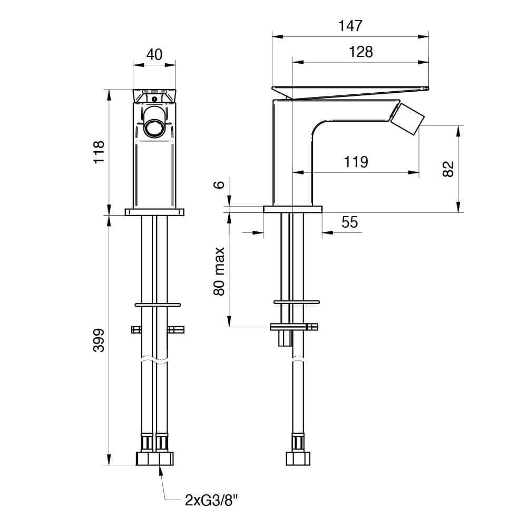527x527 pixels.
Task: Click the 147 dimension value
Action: (x=350, y=26)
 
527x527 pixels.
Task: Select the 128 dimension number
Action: (x=360, y=52)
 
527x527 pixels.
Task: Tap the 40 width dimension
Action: (x=154, y=54)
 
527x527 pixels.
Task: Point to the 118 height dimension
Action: (x=99, y=152)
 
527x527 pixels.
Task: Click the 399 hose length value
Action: (x=99, y=340)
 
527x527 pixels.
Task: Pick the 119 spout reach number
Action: (x=356, y=162)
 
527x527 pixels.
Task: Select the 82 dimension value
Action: (x=448, y=169)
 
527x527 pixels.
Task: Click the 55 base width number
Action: (x=349, y=222)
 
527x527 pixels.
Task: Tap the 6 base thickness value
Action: (x=219, y=184)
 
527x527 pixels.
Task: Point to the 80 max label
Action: (x=219, y=271)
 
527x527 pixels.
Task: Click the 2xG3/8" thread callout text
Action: (x=211, y=501)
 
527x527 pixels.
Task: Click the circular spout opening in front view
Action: (x=154, y=128)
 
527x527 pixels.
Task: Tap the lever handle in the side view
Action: (x=350, y=93)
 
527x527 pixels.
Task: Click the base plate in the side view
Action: (x=292, y=209)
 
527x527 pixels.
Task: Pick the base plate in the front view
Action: (x=154, y=212)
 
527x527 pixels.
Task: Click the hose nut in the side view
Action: (x=298, y=459)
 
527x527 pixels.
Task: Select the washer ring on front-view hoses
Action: (x=158, y=305)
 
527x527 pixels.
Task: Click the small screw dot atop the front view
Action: (x=154, y=99)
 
